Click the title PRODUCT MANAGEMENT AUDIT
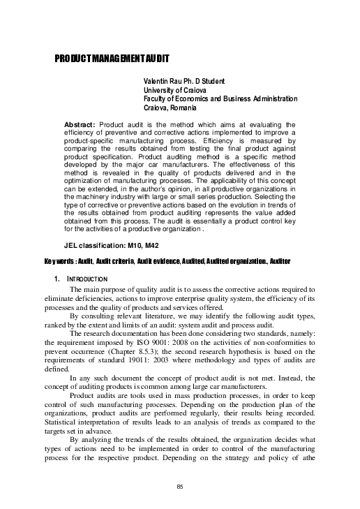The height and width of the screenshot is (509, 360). tap(112, 59)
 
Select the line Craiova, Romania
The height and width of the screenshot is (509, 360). tap(170, 108)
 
